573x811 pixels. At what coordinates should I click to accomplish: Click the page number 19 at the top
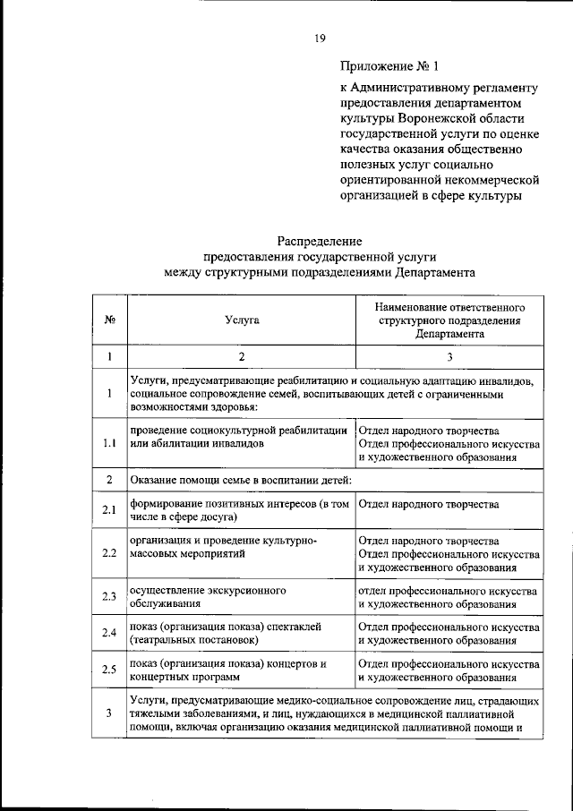click(x=319, y=36)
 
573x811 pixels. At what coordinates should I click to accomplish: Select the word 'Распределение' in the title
click(x=320, y=241)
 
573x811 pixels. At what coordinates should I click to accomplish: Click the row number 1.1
click(x=108, y=443)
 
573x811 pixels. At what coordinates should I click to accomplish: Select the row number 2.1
click(x=108, y=510)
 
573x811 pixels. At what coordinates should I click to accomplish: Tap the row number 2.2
click(x=108, y=552)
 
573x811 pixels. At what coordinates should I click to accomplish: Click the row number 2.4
click(x=108, y=634)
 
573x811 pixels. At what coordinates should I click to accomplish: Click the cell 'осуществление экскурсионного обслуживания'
click(x=208, y=598)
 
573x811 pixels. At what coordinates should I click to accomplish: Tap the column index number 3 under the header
click(x=449, y=356)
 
